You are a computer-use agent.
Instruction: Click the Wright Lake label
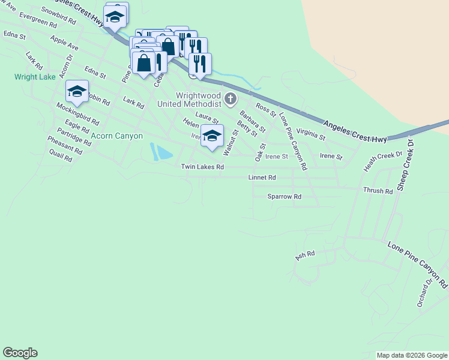(35, 77)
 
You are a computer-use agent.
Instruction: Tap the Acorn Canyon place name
(117, 136)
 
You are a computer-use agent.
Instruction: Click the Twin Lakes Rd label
(202, 167)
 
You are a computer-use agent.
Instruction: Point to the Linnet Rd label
(262, 178)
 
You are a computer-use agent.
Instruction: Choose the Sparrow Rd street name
(284, 196)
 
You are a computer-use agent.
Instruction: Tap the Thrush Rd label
(378, 191)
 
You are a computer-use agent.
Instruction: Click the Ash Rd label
(305, 255)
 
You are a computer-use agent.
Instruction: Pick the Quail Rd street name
(61, 157)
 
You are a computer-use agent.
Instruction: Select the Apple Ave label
(65, 43)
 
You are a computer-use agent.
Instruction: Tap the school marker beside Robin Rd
(77, 91)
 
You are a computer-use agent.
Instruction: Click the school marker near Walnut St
(212, 136)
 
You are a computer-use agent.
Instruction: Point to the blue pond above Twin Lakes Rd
(160, 152)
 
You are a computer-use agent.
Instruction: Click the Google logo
(20, 353)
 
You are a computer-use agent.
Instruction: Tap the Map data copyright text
(411, 355)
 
